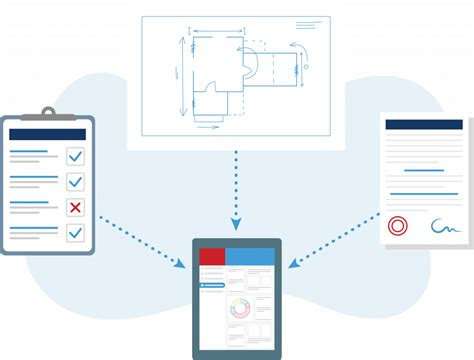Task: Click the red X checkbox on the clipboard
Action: pos(75,207)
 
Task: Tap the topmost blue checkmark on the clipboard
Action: pos(75,156)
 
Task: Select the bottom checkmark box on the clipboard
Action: pos(75,232)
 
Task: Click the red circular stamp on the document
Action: pos(397,226)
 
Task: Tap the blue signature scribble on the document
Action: pos(445,227)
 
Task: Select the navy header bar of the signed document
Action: pos(423,125)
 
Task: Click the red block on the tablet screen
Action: pos(212,256)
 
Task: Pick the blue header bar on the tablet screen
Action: pos(249,256)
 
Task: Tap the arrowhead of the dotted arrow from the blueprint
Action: pos(237,225)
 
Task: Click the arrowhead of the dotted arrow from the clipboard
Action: pos(180,263)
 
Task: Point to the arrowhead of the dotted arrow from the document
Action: pos(293,265)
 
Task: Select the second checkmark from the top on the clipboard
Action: pos(75,181)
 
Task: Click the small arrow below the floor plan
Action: pos(207,127)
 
